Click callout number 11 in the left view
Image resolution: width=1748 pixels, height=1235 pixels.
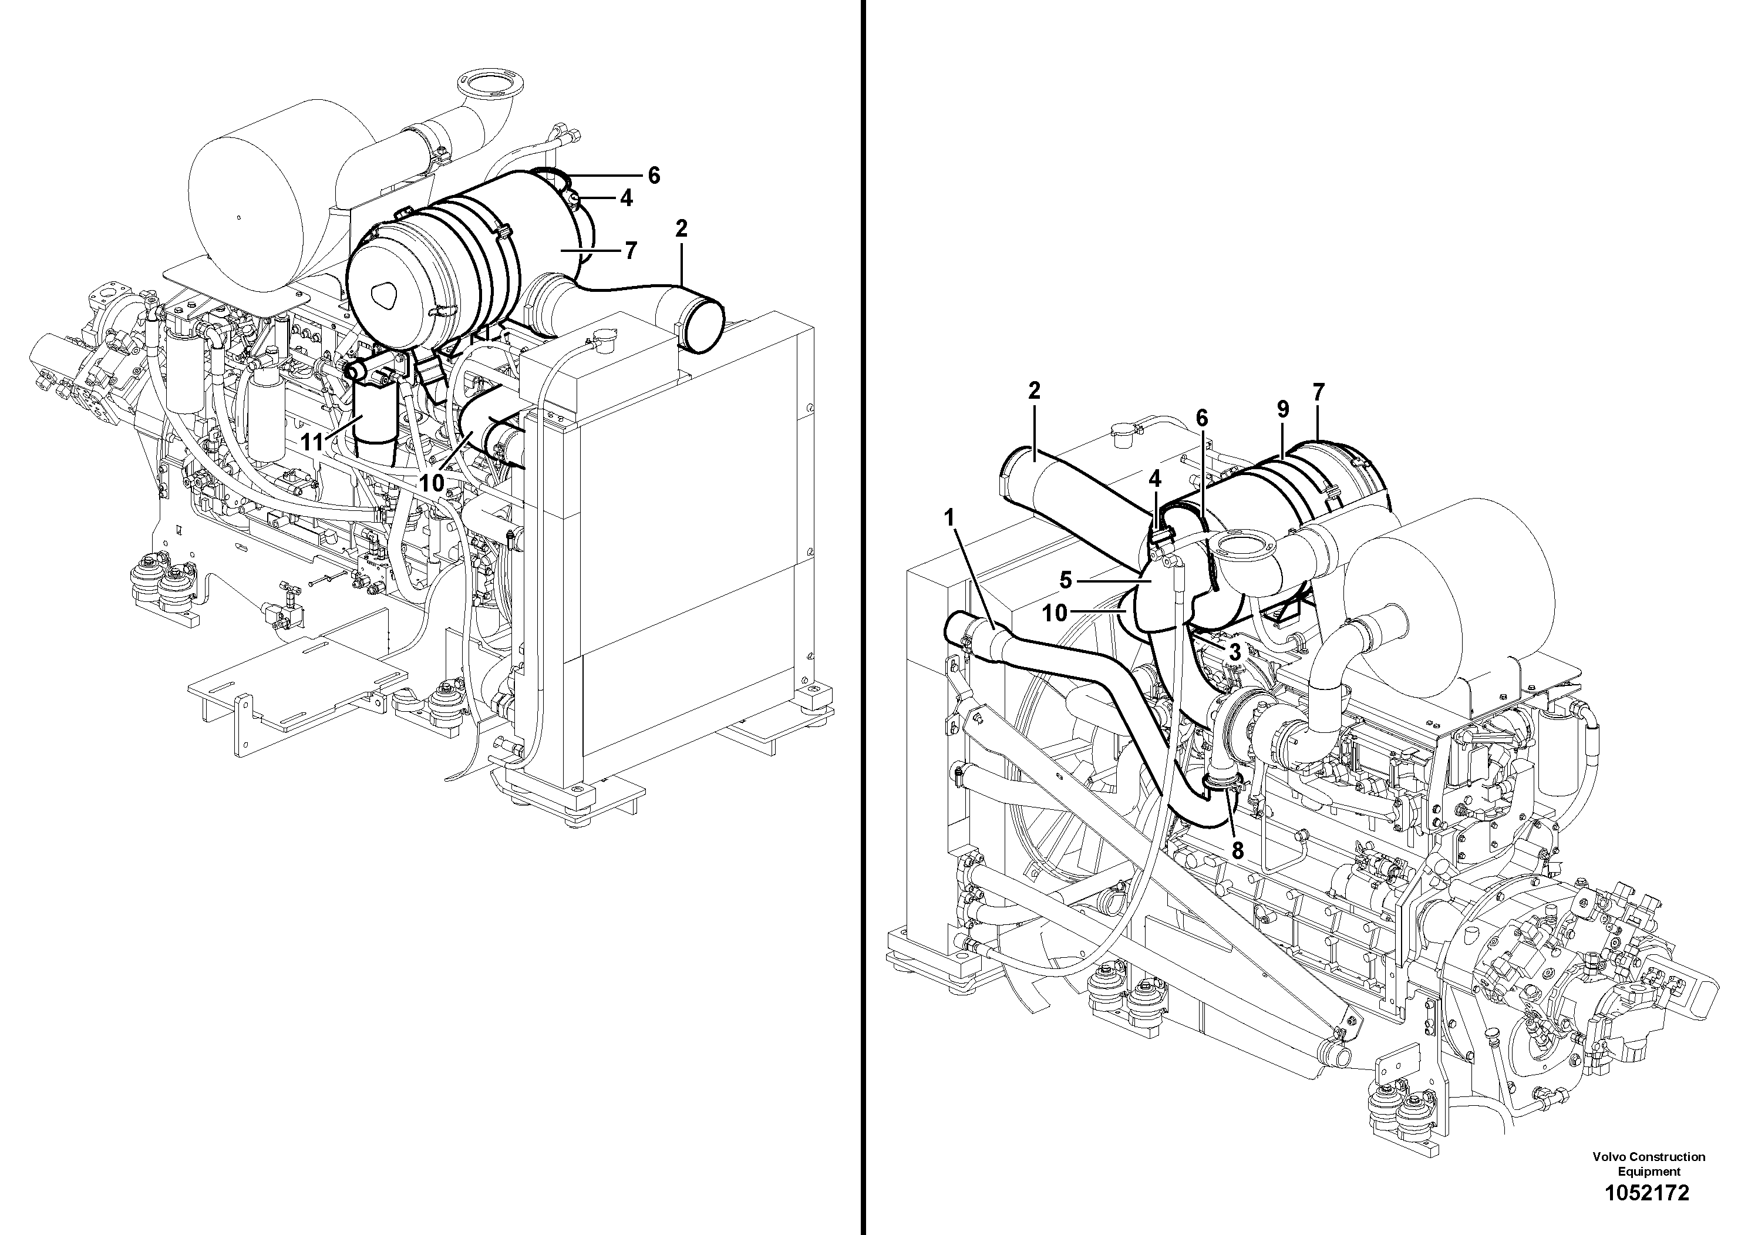[312, 442]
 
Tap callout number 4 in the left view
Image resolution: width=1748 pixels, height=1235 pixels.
[626, 198]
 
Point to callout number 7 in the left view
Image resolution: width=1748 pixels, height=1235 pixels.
[631, 251]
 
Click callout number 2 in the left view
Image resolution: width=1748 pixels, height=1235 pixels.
[681, 228]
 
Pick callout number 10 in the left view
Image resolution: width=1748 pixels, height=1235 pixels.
[431, 483]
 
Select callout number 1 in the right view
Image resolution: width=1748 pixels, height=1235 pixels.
[949, 518]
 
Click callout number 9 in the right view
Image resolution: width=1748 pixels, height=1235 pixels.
[1283, 410]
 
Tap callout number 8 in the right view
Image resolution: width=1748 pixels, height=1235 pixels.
[1237, 850]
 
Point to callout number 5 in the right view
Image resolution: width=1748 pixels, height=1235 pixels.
[1066, 581]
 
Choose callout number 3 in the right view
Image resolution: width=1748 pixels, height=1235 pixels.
[1234, 652]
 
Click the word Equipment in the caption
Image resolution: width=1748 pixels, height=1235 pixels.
[1648, 1172]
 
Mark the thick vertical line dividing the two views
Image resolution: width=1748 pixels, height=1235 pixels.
[863, 618]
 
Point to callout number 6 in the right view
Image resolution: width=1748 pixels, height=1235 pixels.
[1201, 418]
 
